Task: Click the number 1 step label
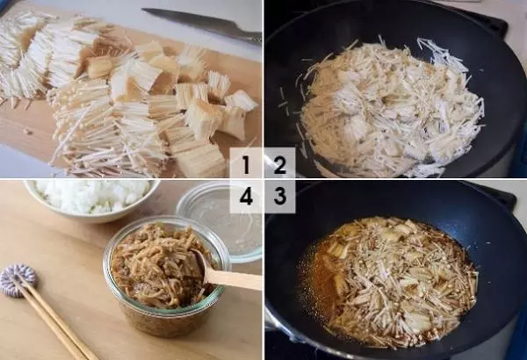point(246,164)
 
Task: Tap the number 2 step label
point(279,165)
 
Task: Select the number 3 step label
point(280,196)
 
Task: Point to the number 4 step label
point(246,197)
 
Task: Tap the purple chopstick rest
point(18,280)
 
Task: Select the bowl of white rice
point(91,200)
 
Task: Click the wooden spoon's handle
point(235,280)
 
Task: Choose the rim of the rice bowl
point(90,217)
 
